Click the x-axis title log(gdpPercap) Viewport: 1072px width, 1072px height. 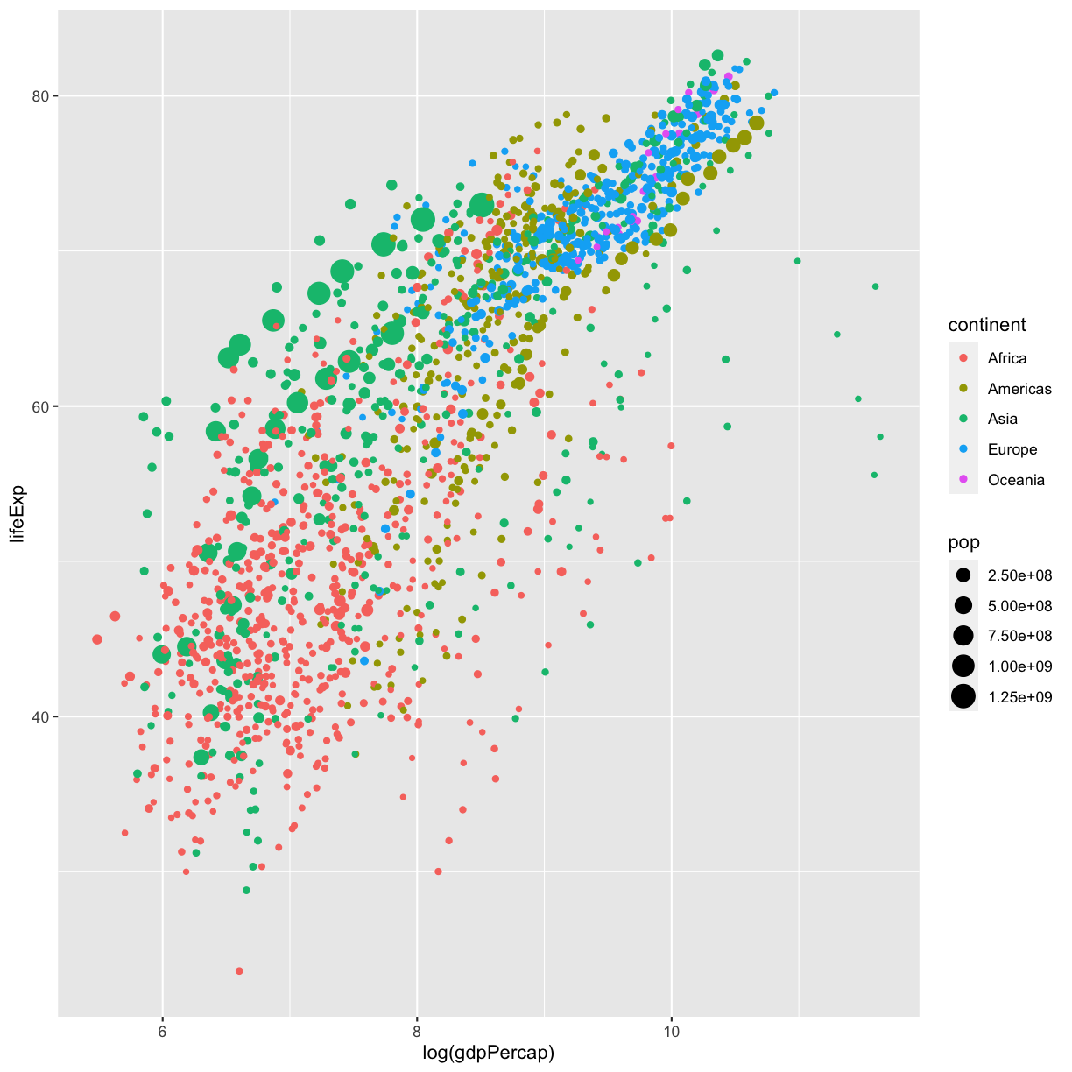point(489,1053)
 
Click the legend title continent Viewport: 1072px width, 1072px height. point(987,325)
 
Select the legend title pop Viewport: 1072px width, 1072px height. point(963,542)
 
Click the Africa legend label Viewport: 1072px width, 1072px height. point(1007,358)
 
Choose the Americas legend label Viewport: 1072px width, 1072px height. point(1019,389)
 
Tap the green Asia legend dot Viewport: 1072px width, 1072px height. point(963,419)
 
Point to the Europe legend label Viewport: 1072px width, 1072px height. point(1012,449)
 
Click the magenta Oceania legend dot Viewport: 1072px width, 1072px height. point(963,479)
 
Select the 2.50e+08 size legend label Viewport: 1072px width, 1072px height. point(1019,575)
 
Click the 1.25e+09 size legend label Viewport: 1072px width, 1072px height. point(1019,696)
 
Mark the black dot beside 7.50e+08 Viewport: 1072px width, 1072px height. point(963,636)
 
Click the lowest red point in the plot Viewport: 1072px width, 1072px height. point(239,970)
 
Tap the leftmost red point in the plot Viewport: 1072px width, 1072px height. point(97,639)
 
